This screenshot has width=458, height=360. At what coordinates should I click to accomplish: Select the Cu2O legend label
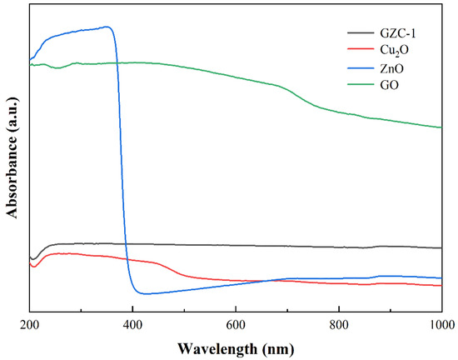pos(392,50)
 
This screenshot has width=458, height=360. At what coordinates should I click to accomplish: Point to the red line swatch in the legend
pos(360,50)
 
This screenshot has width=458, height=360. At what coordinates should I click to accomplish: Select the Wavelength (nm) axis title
pos(236,345)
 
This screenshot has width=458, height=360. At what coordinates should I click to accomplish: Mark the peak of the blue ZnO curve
pos(107,27)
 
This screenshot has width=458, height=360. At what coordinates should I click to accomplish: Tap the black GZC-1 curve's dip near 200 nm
pos(32,258)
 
